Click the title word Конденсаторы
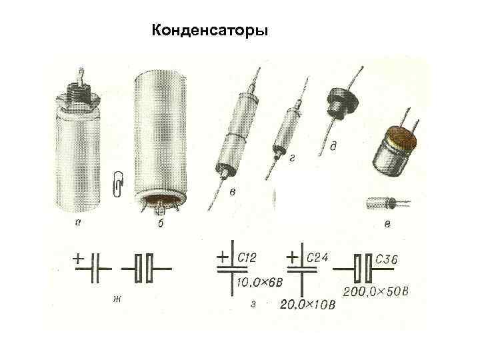(210, 31)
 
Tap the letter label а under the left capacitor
(79, 224)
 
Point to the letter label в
(232, 193)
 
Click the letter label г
(292, 157)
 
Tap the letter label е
(387, 224)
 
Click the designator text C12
(247, 257)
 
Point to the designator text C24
(317, 257)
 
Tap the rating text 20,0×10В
(309, 304)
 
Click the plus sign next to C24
(291, 256)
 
